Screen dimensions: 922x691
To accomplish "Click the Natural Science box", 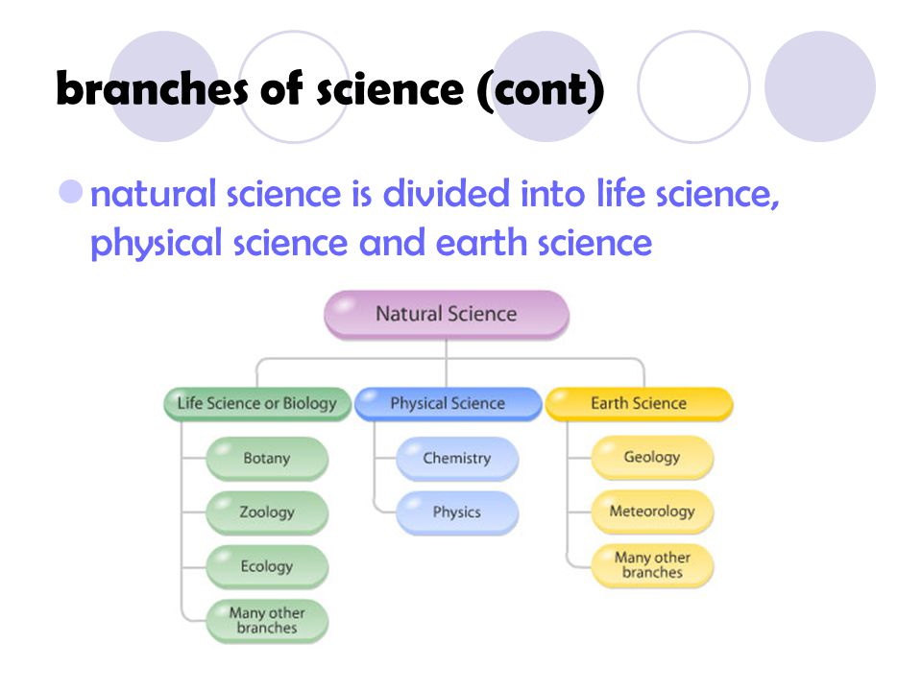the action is [x=447, y=315].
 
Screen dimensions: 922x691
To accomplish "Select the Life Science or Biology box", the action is [x=257, y=404].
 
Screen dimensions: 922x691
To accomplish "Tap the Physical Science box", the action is [x=449, y=404].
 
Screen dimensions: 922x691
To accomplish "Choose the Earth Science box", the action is [x=640, y=404].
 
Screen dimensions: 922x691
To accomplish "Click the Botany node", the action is [x=267, y=459].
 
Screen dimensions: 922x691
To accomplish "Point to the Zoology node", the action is [x=267, y=512].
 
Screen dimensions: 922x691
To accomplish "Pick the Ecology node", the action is [x=267, y=567].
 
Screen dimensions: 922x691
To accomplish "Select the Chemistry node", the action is [x=457, y=459].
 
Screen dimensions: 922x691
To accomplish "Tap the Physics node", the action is [x=457, y=512].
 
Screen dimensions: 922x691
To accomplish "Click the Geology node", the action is [x=652, y=457].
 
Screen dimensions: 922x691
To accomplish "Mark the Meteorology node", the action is [x=652, y=512].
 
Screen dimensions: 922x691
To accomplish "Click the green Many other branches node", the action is [x=267, y=621].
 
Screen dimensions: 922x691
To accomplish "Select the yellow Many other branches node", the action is [x=652, y=566].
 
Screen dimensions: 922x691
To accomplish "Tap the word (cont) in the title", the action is [x=541, y=90].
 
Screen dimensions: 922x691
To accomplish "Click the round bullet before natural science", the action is [x=71, y=192].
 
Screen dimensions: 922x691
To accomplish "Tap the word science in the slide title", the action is [x=391, y=90].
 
